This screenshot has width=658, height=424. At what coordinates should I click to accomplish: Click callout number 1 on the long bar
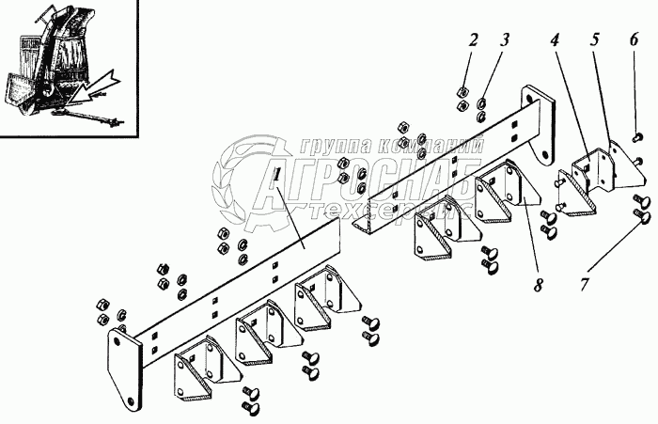click(274, 177)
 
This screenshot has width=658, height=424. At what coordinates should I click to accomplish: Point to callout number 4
click(556, 41)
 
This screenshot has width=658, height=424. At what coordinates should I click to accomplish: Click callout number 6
click(634, 39)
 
